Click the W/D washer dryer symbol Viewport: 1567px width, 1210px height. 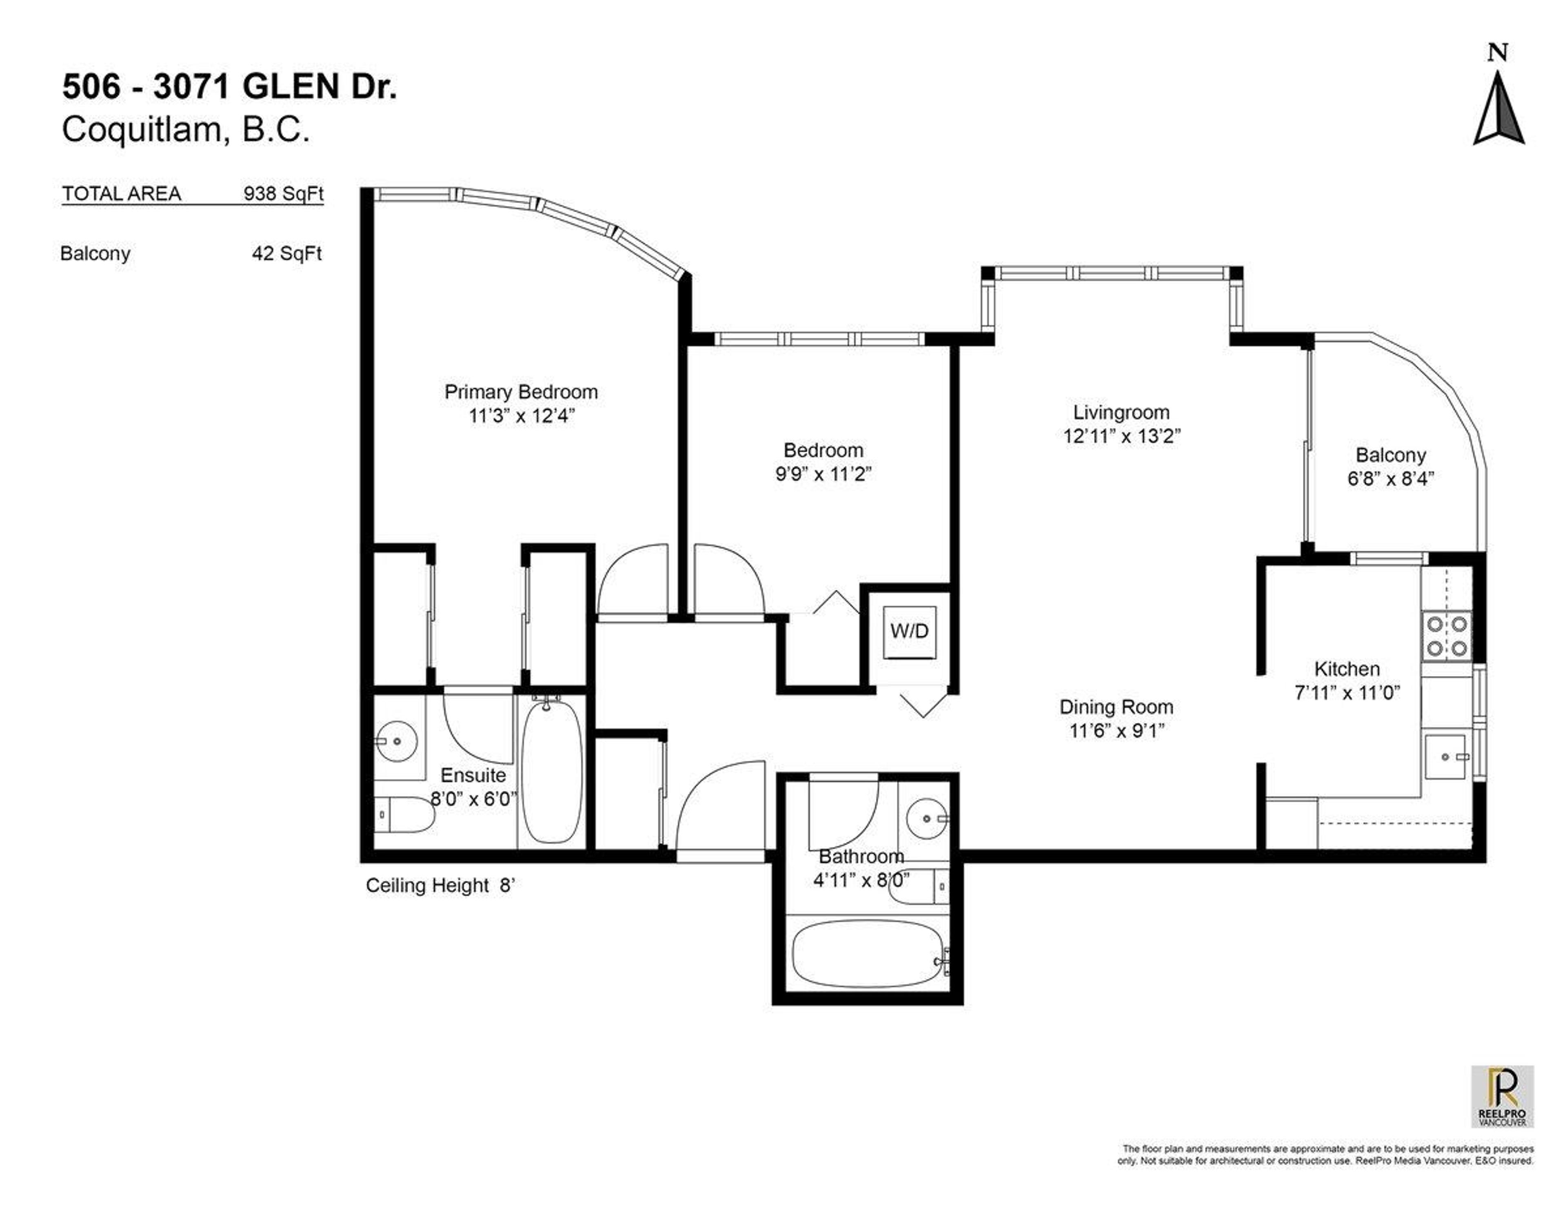click(909, 631)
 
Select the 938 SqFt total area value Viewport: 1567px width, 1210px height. click(284, 194)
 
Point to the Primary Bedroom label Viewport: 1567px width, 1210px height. click(521, 392)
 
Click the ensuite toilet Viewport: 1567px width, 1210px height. click(402, 815)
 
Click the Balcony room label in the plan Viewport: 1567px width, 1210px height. click(1390, 455)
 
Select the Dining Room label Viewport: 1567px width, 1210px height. click(1116, 707)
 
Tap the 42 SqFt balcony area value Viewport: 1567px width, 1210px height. click(286, 254)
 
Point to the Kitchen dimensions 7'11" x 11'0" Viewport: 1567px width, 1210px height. click(1347, 693)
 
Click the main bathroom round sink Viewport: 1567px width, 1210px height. click(927, 817)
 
